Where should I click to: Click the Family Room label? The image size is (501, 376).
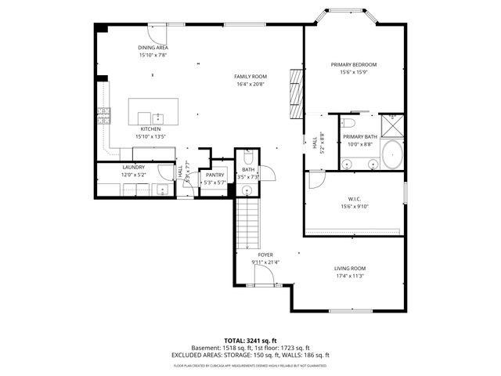[250, 76]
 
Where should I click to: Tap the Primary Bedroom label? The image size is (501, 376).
[354, 64]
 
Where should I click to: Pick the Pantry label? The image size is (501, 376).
[214, 175]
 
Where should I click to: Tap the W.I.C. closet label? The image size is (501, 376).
[354, 199]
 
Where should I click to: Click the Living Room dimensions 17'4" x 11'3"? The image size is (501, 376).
[349, 275]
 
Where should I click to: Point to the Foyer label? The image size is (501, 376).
[265, 255]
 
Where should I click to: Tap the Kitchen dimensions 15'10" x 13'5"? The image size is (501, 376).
[150, 136]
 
